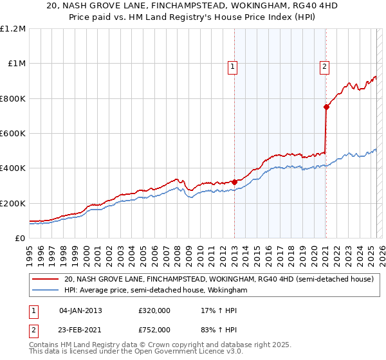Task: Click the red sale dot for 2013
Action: pos(234,182)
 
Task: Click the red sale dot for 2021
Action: pos(326,107)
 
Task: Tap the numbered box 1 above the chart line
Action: pos(232,65)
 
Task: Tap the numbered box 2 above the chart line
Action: pos(325,65)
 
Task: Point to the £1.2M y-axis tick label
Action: pos(13,29)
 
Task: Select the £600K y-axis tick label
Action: pos(13,134)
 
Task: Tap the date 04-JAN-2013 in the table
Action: pos(80,310)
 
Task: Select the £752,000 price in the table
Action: pos(155,330)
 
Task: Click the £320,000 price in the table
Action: pos(155,310)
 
